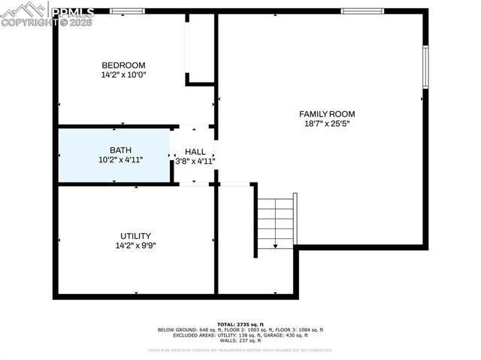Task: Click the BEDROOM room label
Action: click(123, 65)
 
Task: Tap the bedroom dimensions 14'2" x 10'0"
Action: click(123, 75)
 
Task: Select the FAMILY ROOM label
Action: click(326, 114)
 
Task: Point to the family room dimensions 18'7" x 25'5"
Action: click(326, 124)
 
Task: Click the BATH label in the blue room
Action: click(120, 150)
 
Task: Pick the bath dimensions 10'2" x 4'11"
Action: click(120, 160)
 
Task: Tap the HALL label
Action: click(195, 152)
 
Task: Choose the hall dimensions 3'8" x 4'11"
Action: click(195, 161)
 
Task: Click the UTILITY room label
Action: click(135, 235)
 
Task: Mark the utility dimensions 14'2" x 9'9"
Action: click(135, 245)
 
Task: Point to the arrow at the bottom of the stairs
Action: click(275, 244)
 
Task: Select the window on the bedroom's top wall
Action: click(127, 11)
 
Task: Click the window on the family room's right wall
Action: click(425, 67)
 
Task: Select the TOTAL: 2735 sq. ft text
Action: click(240, 323)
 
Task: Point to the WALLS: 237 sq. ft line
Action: click(240, 341)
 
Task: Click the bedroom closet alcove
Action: click(201, 47)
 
